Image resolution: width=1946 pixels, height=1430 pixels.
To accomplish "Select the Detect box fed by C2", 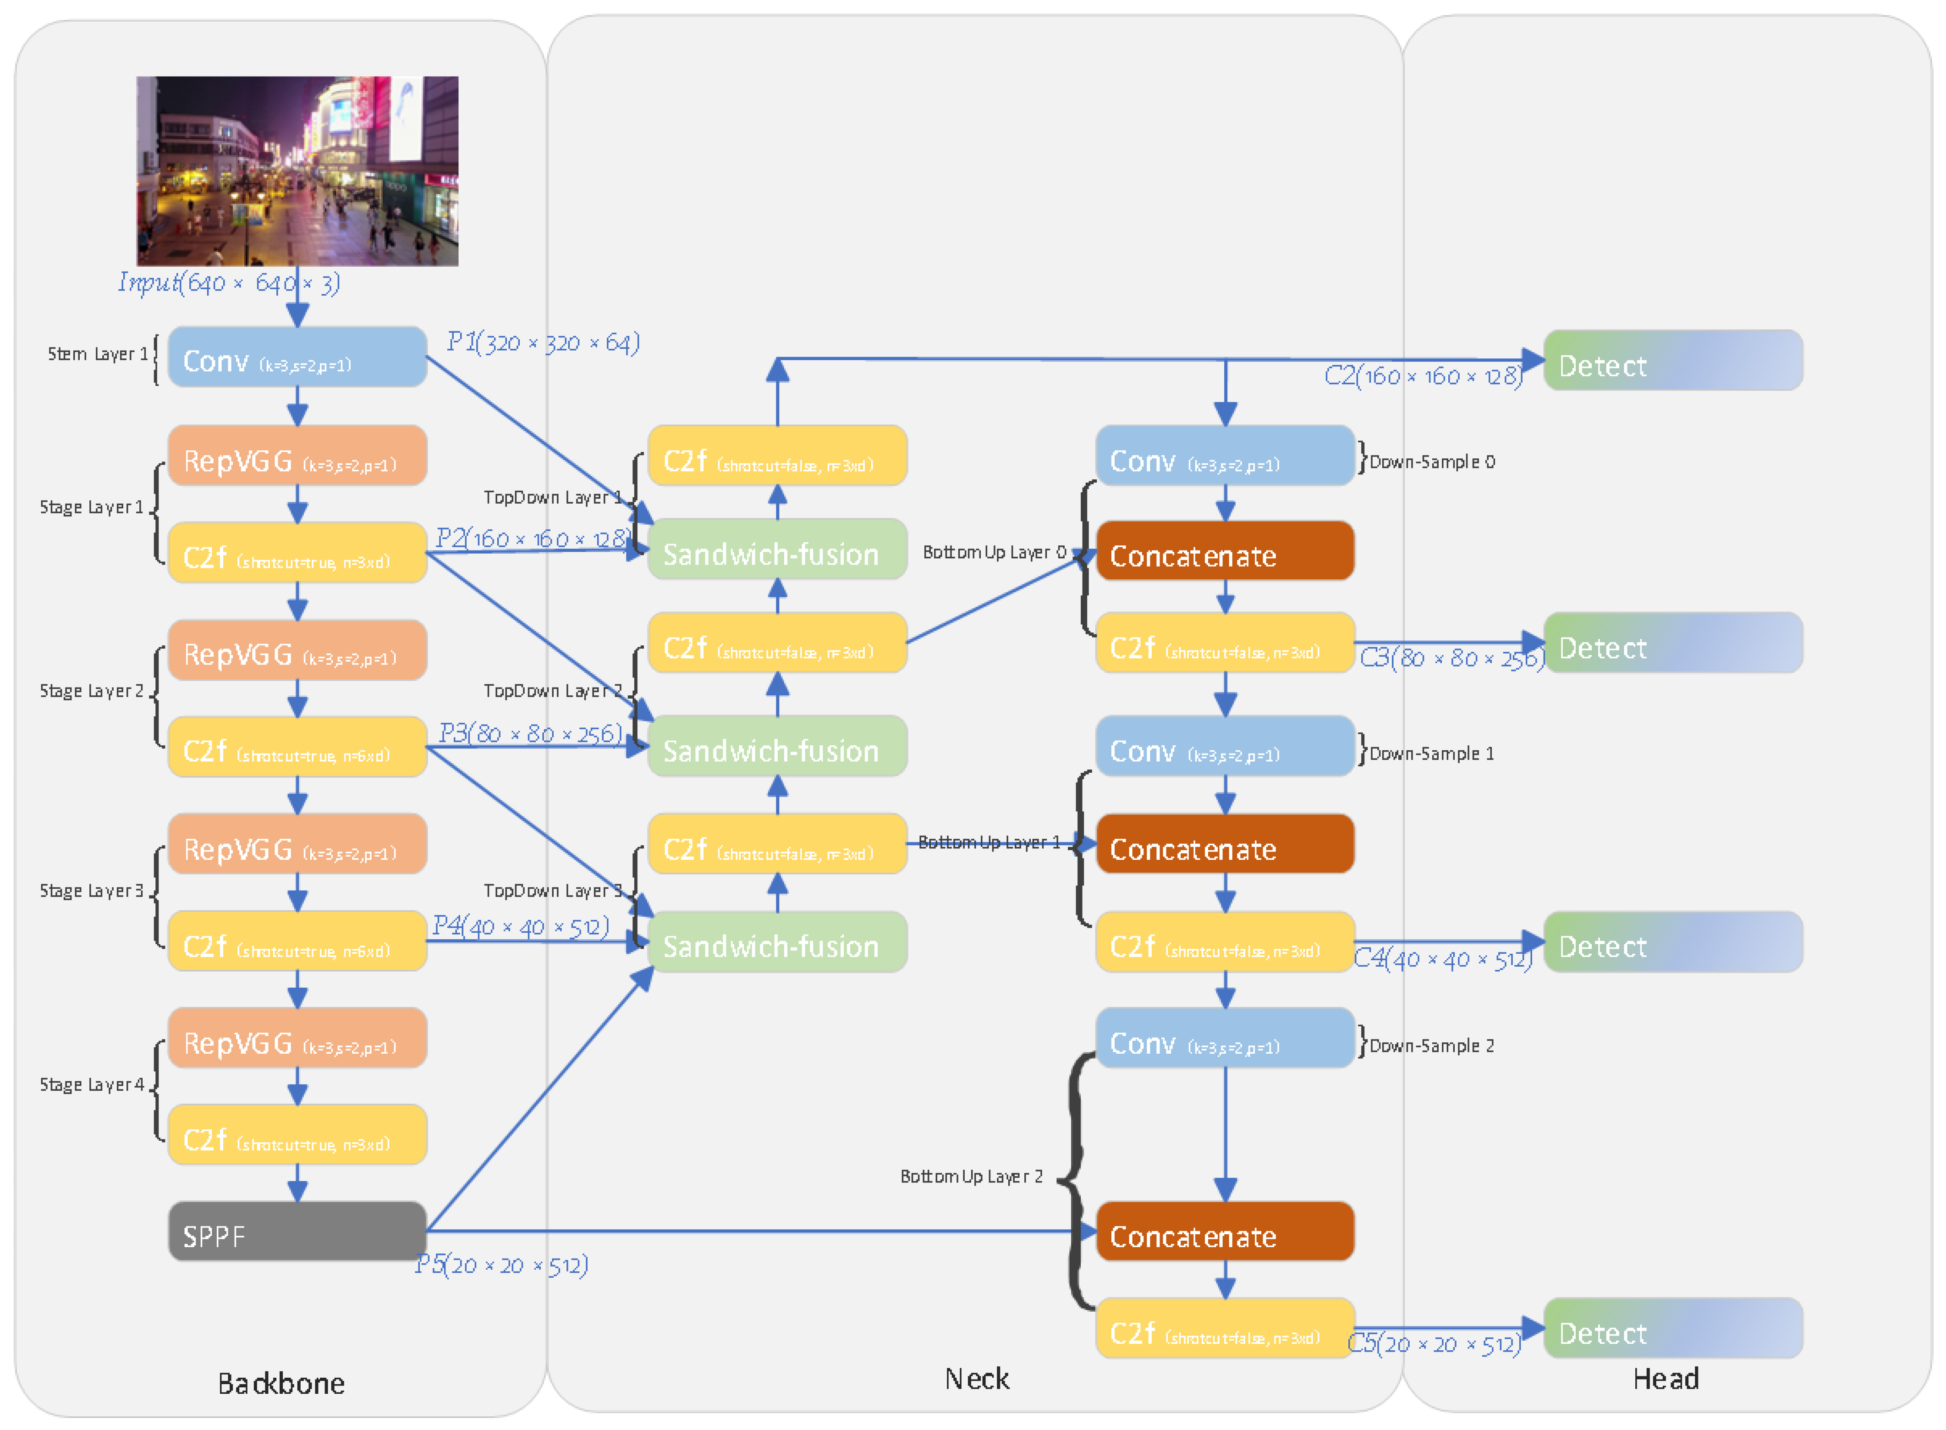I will (x=1672, y=360).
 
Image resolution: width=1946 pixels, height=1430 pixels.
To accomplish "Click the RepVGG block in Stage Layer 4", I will (x=297, y=1037).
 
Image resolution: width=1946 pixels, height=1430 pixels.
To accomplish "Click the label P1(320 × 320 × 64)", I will (x=543, y=343).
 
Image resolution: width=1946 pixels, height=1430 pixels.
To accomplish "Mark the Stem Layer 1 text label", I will (x=98, y=354).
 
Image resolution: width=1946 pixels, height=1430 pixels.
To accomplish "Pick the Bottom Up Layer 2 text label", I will (x=971, y=1177).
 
